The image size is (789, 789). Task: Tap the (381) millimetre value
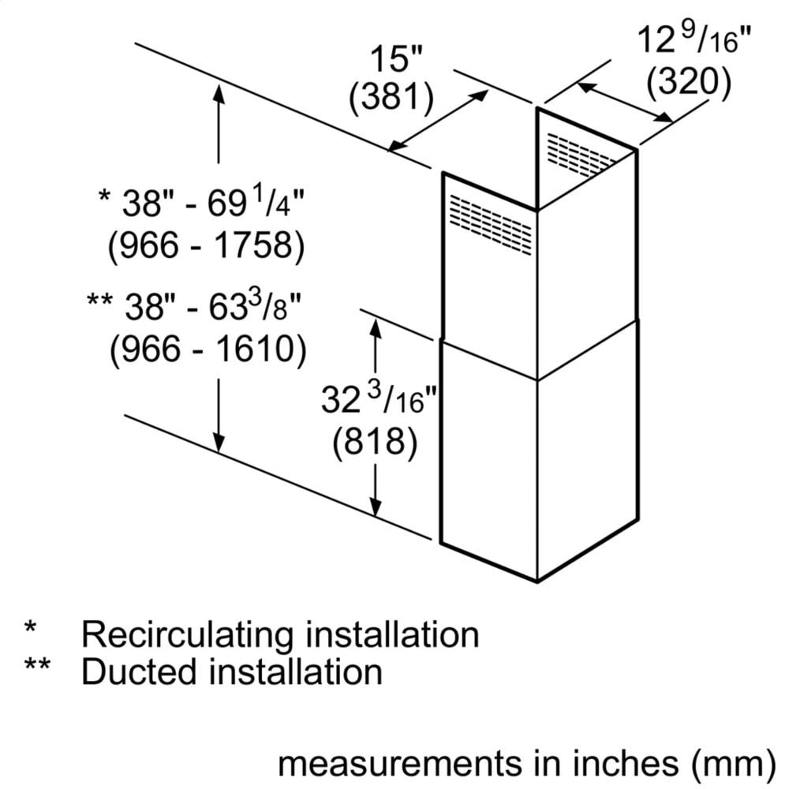(392, 98)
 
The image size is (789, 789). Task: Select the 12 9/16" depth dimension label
(692, 39)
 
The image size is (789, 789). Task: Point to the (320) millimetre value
(686, 80)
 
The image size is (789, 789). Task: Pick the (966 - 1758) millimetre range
(205, 246)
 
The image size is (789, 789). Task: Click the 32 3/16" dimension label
(380, 401)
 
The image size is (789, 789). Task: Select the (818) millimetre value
(375, 443)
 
